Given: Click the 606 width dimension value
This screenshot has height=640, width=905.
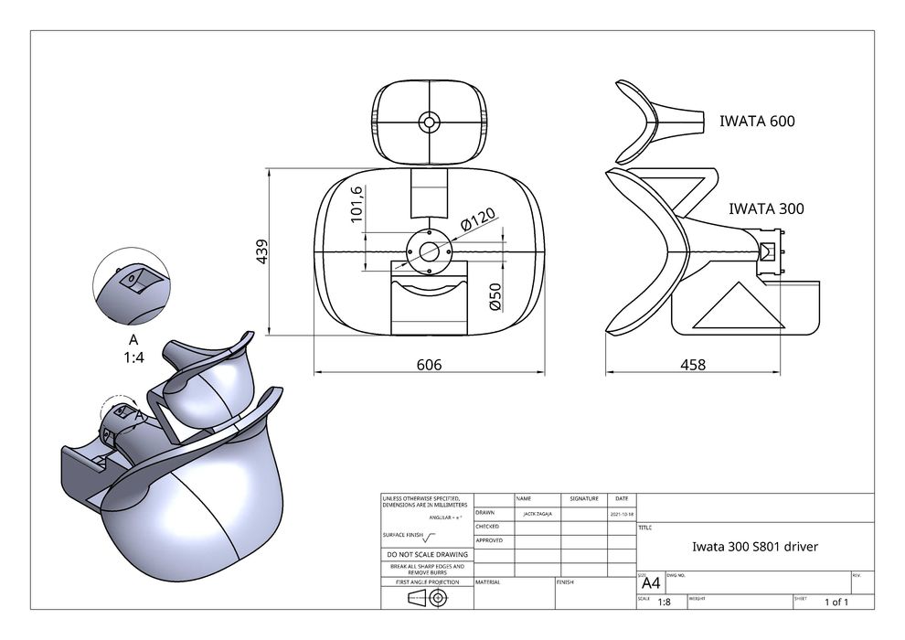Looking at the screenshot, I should [x=429, y=365].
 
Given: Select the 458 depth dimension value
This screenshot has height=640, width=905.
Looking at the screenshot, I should [x=693, y=365].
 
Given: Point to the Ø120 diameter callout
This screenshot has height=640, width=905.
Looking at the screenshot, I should [x=477, y=220].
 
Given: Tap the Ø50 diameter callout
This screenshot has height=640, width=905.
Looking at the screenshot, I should [x=495, y=297].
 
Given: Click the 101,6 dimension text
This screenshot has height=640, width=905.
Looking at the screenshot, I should [x=357, y=203].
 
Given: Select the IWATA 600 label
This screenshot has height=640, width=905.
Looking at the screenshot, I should [x=757, y=121].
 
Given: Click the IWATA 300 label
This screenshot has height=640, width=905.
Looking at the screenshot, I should [x=766, y=208].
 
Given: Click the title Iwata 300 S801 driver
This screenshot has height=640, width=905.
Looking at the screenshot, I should [x=754, y=547].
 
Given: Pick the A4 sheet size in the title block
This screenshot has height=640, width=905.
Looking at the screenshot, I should [x=651, y=583].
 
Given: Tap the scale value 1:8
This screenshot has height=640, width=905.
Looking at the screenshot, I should [x=664, y=602].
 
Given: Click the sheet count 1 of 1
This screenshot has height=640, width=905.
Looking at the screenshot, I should [x=836, y=602].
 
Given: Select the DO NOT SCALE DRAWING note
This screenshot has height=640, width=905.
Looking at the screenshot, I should [x=427, y=554].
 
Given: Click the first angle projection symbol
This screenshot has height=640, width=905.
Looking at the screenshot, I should [x=427, y=598].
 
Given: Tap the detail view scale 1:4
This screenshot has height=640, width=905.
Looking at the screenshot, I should [x=133, y=357].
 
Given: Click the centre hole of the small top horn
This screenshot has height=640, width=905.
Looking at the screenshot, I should [x=429, y=122].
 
